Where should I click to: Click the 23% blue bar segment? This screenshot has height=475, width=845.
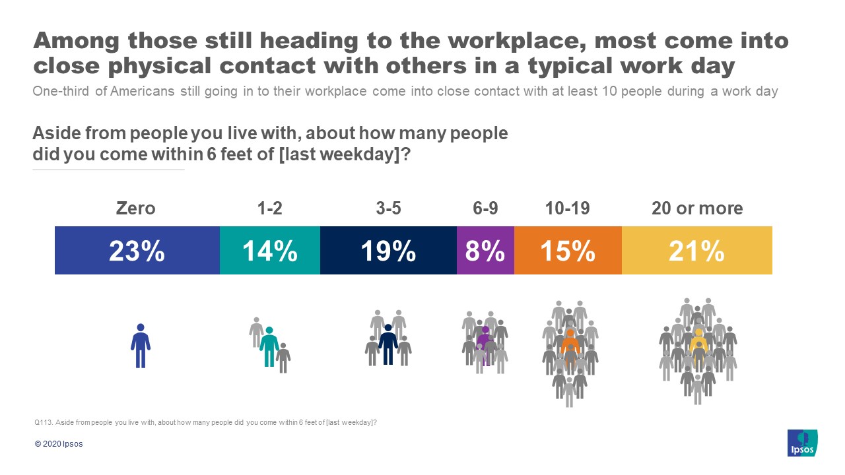pyautogui.click(x=137, y=251)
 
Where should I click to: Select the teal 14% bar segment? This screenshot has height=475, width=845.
pyautogui.click(x=269, y=251)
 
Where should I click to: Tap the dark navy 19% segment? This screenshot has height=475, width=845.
pyautogui.click(x=388, y=251)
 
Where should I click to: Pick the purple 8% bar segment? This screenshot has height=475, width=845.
pyautogui.click(x=485, y=251)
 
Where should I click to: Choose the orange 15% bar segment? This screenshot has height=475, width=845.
pyautogui.click(x=568, y=251)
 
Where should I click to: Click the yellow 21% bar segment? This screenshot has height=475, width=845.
pyautogui.click(x=696, y=251)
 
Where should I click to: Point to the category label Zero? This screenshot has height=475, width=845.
pyautogui.click(x=136, y=208)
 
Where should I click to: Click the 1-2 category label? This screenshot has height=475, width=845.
pyautogui.click(x=269, y=208)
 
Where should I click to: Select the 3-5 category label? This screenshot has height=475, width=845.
pyautogui.click(x=388, y=208)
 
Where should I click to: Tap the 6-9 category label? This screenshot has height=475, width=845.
pyautogui.click(x=485, y=208)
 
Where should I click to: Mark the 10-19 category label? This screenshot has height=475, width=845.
pyautogui.click(x=568, y=208)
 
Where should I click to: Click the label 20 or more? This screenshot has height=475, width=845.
pyautogui.click(x=696, y=208)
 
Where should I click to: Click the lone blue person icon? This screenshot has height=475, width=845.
pyautogui.click(x=140, y=345)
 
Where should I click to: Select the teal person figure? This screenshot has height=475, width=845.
pyautogui.click(x=269, y=346)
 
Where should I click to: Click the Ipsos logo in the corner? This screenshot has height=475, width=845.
pyautogui.click(x=802, y=442)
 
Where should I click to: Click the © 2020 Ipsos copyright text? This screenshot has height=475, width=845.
pyautogui.click(x=59, y=444)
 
